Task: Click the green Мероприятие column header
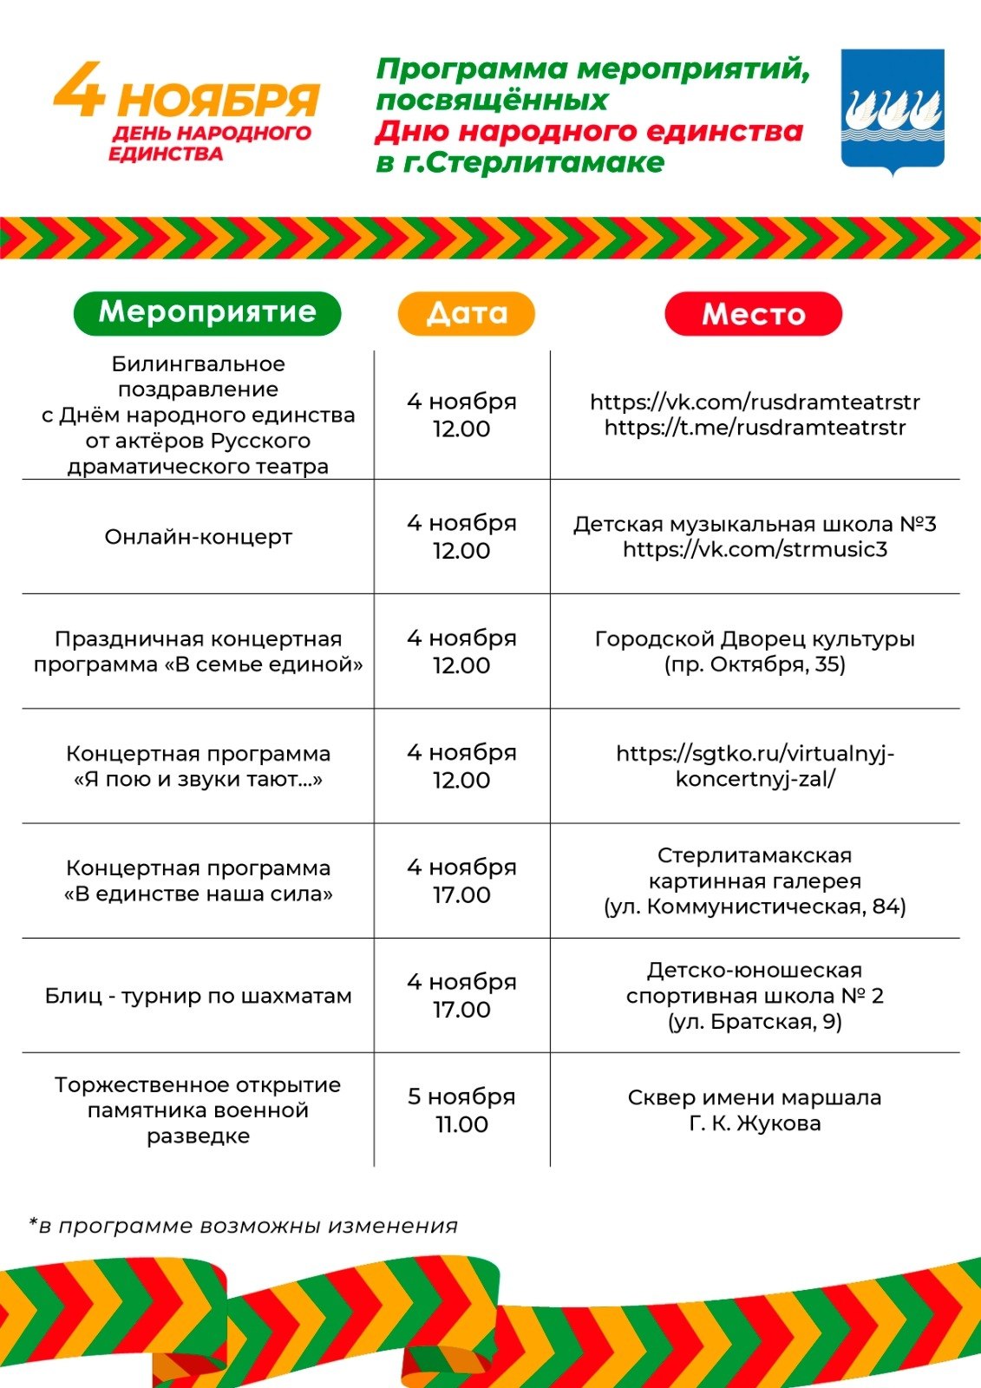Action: click(207, 313)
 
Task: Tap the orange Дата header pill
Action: click(467, 313)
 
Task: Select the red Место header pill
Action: click(753, 314)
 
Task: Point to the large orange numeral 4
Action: click(80, 91)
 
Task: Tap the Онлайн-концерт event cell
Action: click(198, 537)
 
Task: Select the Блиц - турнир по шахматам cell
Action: click(198, 996)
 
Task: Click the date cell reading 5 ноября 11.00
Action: click(461, 1110)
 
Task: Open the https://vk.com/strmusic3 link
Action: click(755, 549)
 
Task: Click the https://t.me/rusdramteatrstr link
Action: click(755, 428)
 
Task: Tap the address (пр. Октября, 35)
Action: click(755, 665)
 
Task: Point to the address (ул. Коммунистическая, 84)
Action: click(755, 907)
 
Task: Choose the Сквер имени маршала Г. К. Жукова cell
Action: click(755, 1110)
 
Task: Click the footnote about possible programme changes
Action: click(244, 1226)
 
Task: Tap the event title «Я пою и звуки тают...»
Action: click(198, 779)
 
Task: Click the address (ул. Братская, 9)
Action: click(755, 1022)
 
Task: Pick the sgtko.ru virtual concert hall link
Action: click(755, 765)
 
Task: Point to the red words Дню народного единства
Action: click(589, 132)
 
